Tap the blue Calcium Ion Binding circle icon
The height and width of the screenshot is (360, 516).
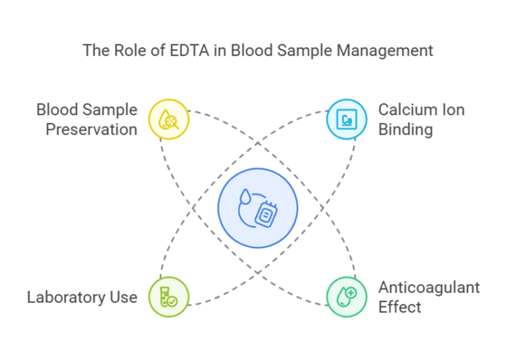click(347, 119)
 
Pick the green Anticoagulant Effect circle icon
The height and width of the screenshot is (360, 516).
click(347, 297)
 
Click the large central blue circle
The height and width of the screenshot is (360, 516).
click(258, 208)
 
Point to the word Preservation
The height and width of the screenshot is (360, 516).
click(91, 129)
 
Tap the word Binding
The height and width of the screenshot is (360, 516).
click(405, 129)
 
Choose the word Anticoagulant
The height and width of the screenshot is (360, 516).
click(429, 287)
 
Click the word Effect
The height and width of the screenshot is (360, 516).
click(400, 307)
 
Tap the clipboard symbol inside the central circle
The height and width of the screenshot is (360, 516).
click(266, 213)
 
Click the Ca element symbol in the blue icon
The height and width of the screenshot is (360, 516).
click(347, 120)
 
